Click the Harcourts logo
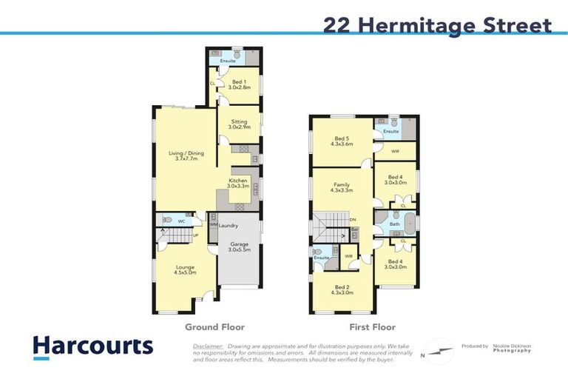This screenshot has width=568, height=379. pyautogui.click(x=92, y=346)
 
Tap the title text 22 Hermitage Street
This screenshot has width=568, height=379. pyautogui.click(x=437, y=26)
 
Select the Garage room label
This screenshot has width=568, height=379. pyautogui.click(x=240, y=247)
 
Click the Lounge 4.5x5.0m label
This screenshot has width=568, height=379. pyautogui.click(x=185, y=269)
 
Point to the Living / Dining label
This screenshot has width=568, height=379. pyautogui.click(x=186, y=156)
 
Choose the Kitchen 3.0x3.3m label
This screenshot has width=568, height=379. pyautogui.click(x=238, y=184)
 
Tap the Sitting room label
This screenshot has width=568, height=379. pyautogui.click(x=239, y=124)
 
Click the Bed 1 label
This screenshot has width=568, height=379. pyautogui.click(x=239, y=84)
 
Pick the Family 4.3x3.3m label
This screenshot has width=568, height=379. pyautogui.click(x=341, y=187)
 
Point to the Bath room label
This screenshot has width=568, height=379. pyautogui.click(x=395, y=223)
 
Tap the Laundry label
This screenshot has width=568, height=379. pyautogui.click(x=229, y=225)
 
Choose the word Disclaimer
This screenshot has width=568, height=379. pyautogui.click(x=208, y=346)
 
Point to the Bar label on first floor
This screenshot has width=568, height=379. pyautogui.click(x=355, y=229)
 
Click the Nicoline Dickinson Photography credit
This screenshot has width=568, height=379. pyautogui.click(x=513, y=348)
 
